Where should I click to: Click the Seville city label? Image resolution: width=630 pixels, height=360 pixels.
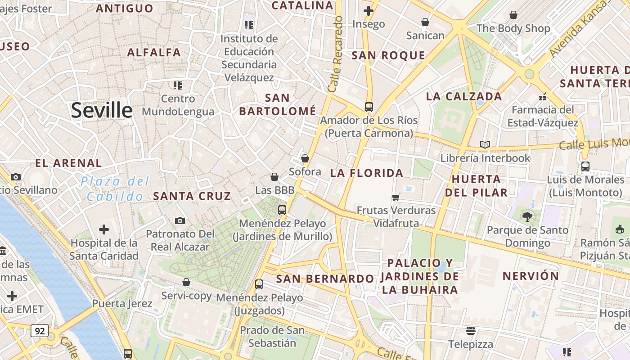(102, 110)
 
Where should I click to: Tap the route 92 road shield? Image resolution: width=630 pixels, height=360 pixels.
(40, 331)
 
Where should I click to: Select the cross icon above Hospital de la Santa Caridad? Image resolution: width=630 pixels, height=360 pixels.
(104, 230)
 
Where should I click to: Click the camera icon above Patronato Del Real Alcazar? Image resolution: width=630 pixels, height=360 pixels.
(180, 220)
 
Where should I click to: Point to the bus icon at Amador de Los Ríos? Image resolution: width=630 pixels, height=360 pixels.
(369, 107)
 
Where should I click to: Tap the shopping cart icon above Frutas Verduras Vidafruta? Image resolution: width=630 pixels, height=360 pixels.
(396, 197)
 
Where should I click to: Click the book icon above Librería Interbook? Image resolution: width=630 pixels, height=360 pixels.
(485, 144)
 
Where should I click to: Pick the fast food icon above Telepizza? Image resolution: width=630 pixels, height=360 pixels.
(471, 331)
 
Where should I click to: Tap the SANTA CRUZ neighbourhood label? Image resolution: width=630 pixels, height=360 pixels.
(192, 196)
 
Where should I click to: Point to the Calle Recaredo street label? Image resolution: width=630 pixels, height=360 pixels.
(336, 54)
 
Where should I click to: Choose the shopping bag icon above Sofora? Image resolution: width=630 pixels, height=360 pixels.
(305, 158)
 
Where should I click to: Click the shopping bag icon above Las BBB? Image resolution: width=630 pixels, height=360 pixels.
(274, 177)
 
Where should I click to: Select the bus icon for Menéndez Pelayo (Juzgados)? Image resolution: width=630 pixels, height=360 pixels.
(259, 284)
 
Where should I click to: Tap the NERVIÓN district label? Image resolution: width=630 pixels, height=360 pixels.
(531, 276)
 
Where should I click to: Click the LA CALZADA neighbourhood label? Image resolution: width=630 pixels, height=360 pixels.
(463, 96)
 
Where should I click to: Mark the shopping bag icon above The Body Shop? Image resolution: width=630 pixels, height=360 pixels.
(513, 15)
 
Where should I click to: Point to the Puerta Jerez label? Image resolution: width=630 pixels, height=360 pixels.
(122, 304)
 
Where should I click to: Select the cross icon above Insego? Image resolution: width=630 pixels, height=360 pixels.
(369, 10)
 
